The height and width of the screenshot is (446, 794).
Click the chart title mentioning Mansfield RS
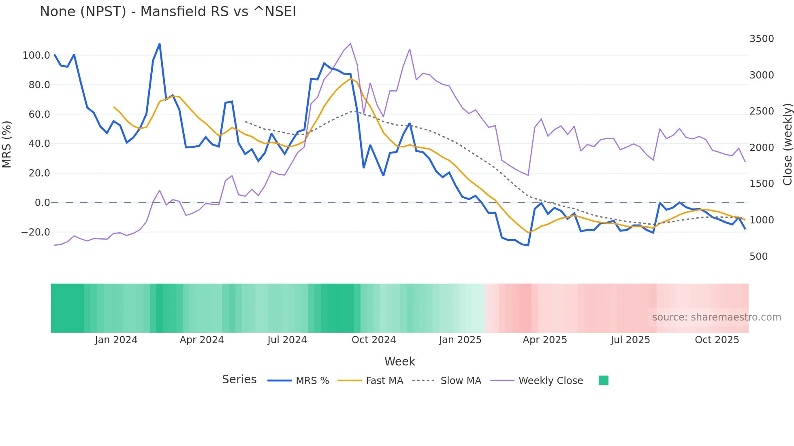point(168,12)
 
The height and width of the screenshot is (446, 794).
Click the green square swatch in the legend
point(603,380)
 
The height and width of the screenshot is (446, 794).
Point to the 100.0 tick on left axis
point(36,55)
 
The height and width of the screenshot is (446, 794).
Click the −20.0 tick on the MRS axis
point(36,232)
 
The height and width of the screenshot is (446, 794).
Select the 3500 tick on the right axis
point(761,39)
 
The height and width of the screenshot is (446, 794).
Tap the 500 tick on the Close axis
point(758,257)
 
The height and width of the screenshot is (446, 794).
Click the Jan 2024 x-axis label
point(116,340)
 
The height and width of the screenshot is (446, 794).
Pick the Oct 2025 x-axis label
point(717,340)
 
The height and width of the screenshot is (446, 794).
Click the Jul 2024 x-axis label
point(287,340)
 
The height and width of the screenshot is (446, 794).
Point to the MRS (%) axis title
point(6,144)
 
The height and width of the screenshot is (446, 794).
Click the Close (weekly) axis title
point(787,144)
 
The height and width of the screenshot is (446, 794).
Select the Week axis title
point(399,361)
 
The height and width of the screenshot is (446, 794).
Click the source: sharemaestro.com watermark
point(716,317)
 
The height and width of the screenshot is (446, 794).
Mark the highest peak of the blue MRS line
point(160,44)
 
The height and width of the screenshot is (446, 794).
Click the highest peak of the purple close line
point(350,43)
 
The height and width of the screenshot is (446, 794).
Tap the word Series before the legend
point(239,380)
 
